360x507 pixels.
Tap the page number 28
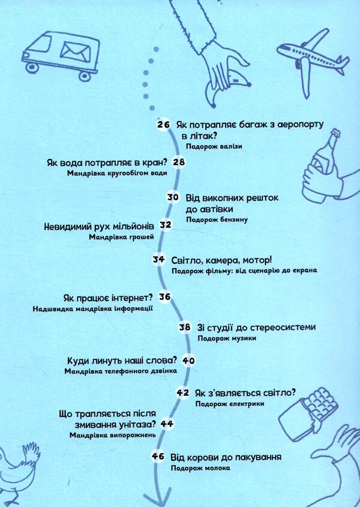click(x=179, y=162)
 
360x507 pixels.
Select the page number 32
click(x=166, y=225)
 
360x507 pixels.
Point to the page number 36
click(x=166, y=296)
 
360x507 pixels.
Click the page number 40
click(x=189, y=361)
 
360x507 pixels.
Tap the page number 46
click(x=158, y=457)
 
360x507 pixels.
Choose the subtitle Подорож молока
click(x=200, y=468)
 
